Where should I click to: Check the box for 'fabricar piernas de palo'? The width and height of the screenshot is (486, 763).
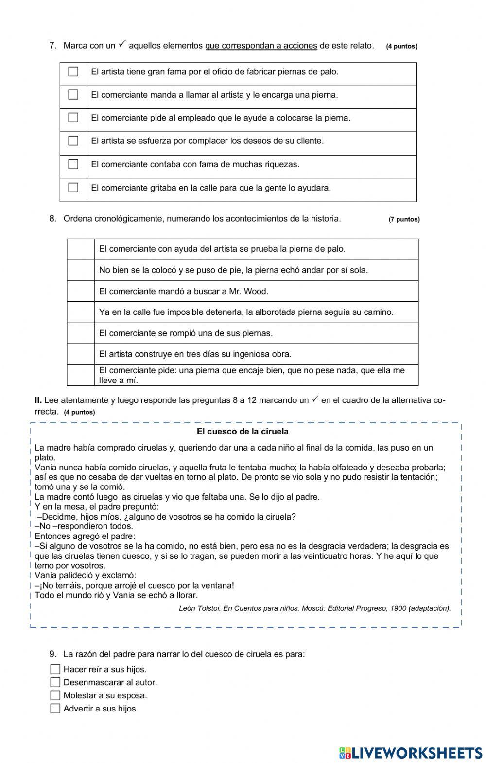[73, 72]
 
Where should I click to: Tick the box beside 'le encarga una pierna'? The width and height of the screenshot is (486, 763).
[73, 95]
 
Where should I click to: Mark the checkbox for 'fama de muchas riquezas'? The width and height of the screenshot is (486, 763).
[73, 164]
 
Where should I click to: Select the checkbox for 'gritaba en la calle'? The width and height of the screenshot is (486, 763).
[73, 188]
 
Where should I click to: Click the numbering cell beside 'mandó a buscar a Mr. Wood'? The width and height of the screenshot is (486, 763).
[81, 291]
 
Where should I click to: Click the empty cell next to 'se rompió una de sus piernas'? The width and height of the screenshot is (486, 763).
[81, 333]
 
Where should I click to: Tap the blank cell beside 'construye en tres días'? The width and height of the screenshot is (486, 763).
[81, 354]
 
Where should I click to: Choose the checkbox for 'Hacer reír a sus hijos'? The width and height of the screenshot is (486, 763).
[55, 669]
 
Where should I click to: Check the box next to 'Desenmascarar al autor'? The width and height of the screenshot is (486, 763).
[55, 682]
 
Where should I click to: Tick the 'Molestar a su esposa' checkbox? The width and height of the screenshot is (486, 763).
[55, 695]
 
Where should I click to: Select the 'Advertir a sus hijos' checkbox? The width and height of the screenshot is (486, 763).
[55, 709]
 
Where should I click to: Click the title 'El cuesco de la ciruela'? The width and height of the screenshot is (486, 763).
[243, 432]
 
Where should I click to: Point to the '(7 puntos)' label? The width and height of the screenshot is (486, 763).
[404, 219]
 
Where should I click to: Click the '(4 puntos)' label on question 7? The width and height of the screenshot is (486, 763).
[401, 47]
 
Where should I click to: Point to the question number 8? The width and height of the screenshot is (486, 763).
[52, 219]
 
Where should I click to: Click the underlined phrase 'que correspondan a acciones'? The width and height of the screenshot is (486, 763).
[261, 46]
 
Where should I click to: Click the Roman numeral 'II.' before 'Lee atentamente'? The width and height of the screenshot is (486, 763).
[38, 400]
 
